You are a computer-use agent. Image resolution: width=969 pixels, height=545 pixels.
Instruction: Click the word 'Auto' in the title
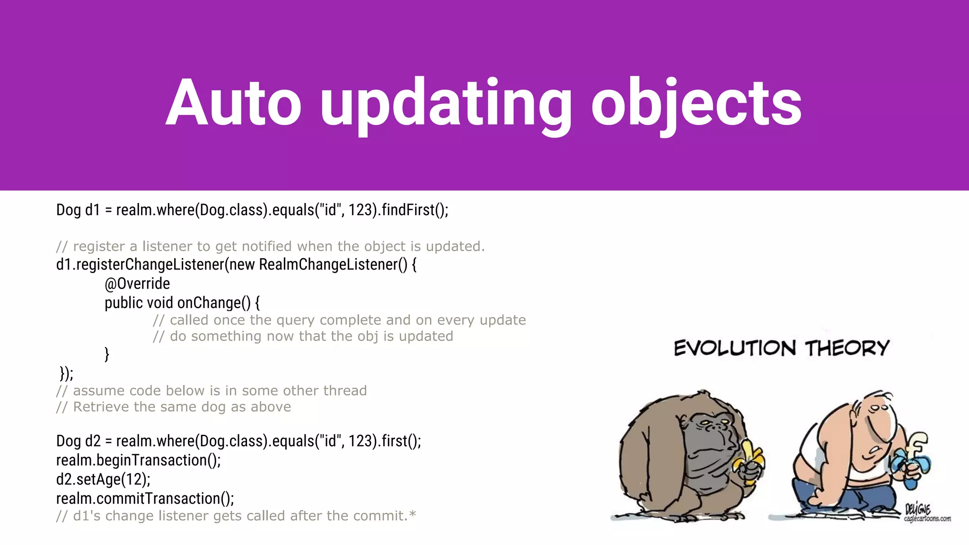pos(233,103)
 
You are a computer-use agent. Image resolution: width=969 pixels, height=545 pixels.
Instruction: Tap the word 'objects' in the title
pos(696,103)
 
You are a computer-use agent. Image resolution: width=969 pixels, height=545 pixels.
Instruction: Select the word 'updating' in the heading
pos(446,103)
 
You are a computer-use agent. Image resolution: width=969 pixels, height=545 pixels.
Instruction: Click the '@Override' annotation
pos(137,283)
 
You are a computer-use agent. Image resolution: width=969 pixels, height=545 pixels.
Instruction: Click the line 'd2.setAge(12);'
pos(103,479)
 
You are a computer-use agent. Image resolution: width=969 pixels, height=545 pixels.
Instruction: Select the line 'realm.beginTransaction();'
pos(138,460)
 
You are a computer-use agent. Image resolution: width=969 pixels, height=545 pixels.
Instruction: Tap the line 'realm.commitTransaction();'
pos(145,498)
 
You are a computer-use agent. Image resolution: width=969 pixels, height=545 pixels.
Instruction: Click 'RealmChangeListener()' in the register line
pos(333,264)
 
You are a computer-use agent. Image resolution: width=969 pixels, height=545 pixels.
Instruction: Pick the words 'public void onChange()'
pos(177,303)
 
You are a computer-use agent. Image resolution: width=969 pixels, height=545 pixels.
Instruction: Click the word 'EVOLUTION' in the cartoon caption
pos(735,349)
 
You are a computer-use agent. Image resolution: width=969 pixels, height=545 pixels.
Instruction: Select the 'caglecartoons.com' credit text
pos(927,519)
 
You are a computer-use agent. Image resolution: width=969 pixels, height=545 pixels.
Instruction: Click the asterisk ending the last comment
pos(413,513)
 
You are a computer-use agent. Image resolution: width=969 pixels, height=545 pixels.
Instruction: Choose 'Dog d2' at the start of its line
pos(78,441)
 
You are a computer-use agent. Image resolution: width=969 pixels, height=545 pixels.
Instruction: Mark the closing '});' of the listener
pos(66,373)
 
